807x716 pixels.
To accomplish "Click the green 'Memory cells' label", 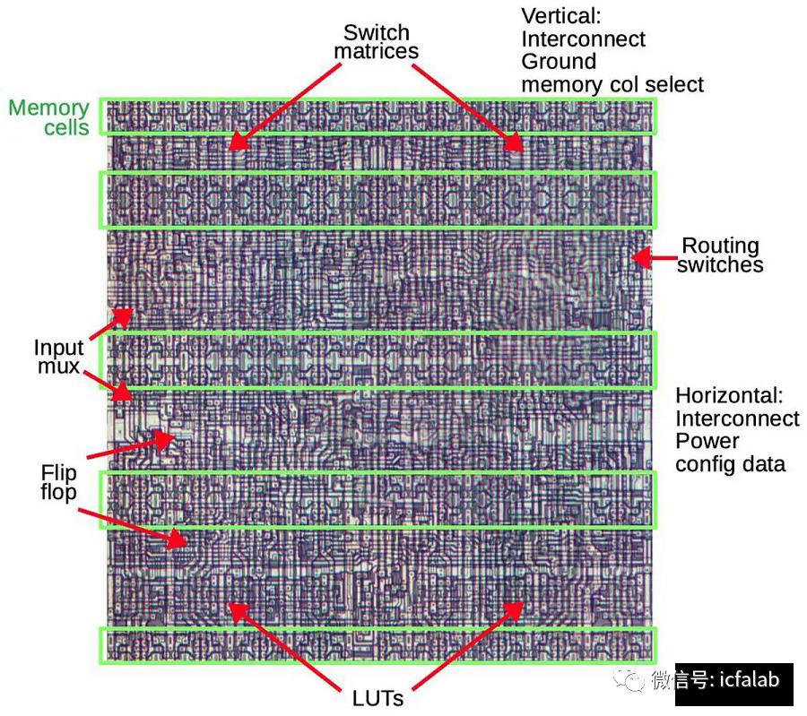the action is (49, 117).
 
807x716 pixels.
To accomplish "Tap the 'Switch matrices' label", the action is (377, 41).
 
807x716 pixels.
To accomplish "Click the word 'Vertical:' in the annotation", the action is (561, 16).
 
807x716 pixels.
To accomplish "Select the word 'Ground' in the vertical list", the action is (559, 62).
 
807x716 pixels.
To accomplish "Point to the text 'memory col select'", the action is (612, 84).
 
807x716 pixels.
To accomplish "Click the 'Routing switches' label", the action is (720, 255).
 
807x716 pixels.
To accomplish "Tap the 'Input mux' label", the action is (58, 357).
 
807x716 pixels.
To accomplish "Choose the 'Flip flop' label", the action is (58, 482).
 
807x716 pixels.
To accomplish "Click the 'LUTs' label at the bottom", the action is (377, 698).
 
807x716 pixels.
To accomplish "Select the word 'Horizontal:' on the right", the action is (729, 395).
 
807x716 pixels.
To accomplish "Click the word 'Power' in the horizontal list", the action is (707, 441).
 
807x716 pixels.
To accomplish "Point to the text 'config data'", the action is (730, 464).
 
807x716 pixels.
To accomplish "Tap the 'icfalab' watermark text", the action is (749, 680).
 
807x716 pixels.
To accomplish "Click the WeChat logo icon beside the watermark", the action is (628, 680).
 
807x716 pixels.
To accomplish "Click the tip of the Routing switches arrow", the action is (632, 257).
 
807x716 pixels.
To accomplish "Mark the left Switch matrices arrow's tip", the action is (229, 149).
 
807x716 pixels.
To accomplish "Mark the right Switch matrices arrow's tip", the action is (524, 151).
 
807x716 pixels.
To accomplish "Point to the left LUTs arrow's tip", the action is (228, 604).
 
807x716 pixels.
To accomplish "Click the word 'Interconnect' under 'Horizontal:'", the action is (738, 418).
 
